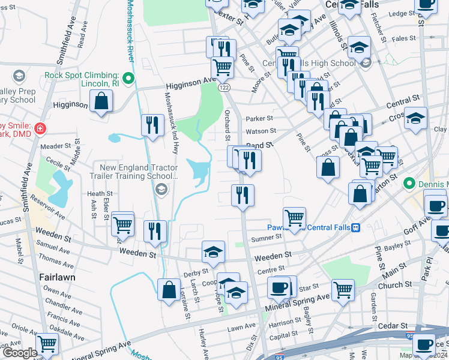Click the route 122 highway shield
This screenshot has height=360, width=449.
coord(224,88)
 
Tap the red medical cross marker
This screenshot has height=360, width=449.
coord(40,128)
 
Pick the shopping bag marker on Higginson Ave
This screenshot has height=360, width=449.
coord(102,102)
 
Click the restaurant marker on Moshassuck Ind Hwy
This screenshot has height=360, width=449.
coord(152,125)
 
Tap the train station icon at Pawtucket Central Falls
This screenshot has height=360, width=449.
coord(355,227)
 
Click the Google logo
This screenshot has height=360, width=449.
coord(19,353)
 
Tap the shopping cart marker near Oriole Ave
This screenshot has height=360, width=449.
coord(47,344)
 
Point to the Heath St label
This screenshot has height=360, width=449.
coord(100,194)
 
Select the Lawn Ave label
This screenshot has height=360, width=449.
coord(242,329)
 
